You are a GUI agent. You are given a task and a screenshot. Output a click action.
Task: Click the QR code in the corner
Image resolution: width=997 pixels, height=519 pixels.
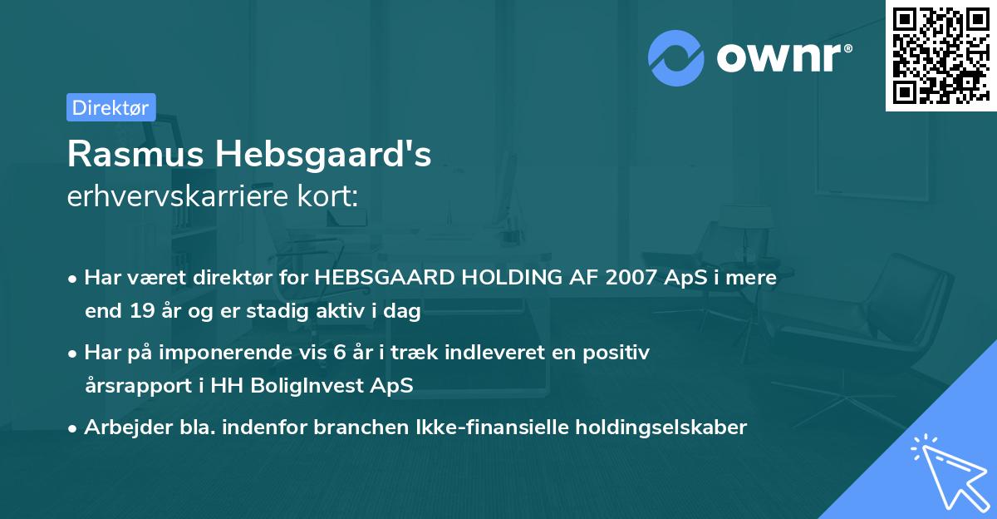pyautogui.click(x=941, y=55)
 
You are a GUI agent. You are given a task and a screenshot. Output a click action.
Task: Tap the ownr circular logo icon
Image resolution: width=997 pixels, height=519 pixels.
pyautogui.click(x=676, y=58)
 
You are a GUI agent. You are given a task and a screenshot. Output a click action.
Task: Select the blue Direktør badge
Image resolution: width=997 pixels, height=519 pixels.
pyautogui.click(x=111, y=107)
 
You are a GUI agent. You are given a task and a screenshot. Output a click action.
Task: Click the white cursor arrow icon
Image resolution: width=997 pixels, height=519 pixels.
pyautogui.click(x=946, y=469)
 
